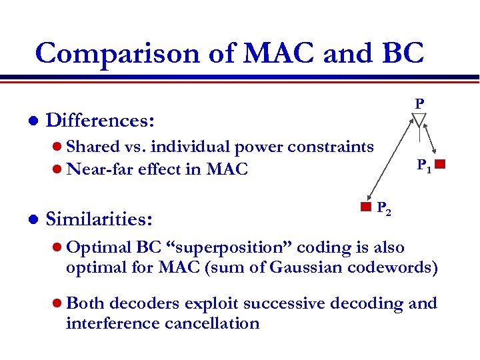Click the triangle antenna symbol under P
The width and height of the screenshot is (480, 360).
419,120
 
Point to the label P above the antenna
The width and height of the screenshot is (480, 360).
419,104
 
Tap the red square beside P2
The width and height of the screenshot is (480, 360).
365,206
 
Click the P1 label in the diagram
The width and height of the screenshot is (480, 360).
424,165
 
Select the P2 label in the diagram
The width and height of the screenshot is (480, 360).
384,208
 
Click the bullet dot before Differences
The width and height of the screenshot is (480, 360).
25,121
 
